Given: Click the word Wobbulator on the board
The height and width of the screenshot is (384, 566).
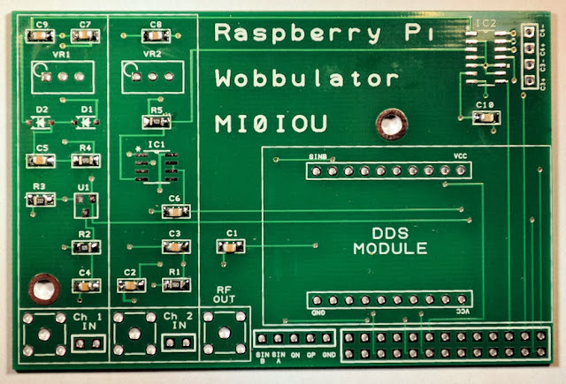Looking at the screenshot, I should coord(306,79).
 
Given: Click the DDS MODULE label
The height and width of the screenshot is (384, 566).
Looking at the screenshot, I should coord(390,241).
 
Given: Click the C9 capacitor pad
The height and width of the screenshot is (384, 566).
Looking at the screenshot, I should coord(41,36).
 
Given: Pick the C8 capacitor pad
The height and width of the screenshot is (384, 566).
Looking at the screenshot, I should coord(155,36).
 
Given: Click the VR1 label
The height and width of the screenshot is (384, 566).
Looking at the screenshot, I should coord(61,55).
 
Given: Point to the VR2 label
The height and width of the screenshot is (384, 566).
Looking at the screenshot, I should coord(152,54).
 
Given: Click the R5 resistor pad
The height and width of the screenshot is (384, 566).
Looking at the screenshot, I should coord(156,123).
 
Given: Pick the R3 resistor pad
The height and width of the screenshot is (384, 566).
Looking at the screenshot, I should coord(40,200).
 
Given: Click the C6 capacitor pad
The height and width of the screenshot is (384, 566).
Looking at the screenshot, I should coord(174,211).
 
